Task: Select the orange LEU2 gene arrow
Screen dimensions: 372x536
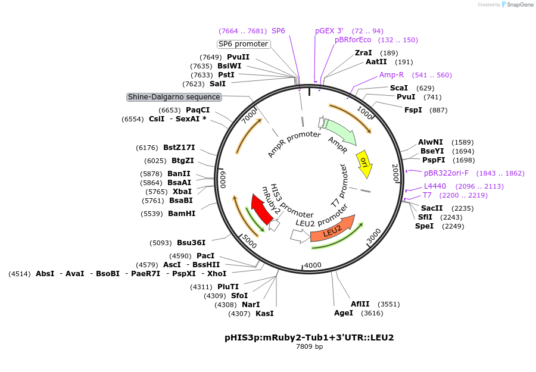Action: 332,231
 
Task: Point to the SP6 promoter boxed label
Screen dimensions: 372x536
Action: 243,44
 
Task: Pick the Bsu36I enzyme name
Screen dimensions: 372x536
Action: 191,243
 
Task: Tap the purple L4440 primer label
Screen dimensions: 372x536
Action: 435,186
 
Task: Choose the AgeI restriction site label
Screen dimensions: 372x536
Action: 344,313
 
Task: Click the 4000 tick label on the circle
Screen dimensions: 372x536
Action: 312,265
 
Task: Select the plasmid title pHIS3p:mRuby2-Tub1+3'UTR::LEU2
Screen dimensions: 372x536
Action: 309,337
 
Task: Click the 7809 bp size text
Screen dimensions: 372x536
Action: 309,346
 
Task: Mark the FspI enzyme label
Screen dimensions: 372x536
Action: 413,110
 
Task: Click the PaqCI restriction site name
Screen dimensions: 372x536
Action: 198,110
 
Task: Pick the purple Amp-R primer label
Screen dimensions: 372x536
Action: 391,75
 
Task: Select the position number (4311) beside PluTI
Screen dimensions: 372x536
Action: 201,287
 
